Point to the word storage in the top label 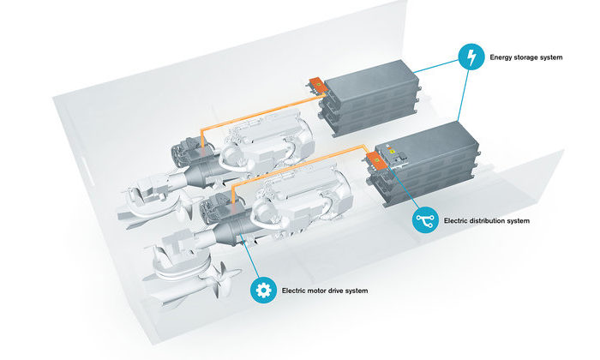point(534,59)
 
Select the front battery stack point(429,167)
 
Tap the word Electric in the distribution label point(457,221)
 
